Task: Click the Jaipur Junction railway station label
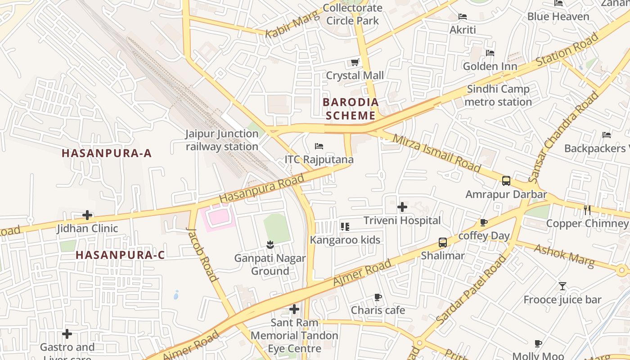click(x=222, y=140)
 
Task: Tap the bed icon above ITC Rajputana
click(x=319, y=146)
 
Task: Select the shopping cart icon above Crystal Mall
click(x=355, y=62)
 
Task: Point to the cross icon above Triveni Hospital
click(x=402, y=207)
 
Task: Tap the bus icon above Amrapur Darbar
click(x=506, y=181)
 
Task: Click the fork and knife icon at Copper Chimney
click(x=587, y=210)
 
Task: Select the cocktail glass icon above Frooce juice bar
click(x=562, y=286)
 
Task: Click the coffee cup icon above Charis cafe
click(x=378, y=297)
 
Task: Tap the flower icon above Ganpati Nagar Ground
click(x=270, y=245)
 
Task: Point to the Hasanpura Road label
click(x=261, y=189)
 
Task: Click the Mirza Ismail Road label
click(x=436, y=153)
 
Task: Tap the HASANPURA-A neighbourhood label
click(x=107, y=153)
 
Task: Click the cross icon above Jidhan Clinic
click(x=87, y=215)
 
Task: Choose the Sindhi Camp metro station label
click(x=498, y=95)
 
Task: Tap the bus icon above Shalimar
click(x=443, y=243)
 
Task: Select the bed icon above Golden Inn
click(x=490, y=53)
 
